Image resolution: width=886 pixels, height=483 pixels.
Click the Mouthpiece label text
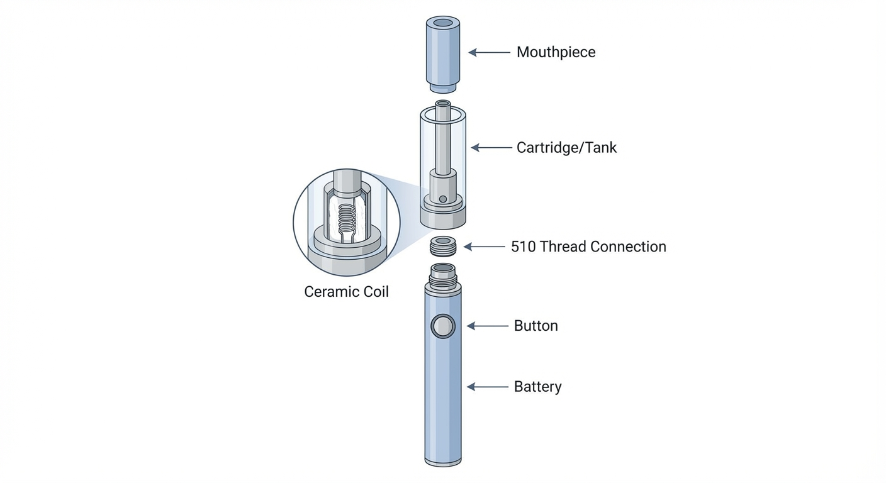click(556, 52)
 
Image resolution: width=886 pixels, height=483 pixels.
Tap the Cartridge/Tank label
click(566, 148)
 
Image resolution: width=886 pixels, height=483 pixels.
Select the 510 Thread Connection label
click(588, 247)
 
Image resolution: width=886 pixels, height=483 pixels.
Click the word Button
click(536, 326)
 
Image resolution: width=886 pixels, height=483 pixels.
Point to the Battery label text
click(537, 386)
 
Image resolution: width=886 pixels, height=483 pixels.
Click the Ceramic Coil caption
click(346, 292)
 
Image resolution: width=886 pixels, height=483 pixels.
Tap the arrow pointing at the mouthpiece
click(489, 53)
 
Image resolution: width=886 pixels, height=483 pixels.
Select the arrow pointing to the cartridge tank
click(491, 148)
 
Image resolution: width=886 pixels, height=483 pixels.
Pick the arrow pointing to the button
click(487, 326)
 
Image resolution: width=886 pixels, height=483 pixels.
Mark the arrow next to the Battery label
click(487, 387)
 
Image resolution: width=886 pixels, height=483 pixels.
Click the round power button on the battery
click(443, 326)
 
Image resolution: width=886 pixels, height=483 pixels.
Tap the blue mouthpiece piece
click(443, 57)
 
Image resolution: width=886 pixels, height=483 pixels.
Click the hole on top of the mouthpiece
click(443, 23)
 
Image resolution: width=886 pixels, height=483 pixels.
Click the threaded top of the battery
click(443, 272)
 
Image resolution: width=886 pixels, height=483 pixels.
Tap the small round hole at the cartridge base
click(443, 199)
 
